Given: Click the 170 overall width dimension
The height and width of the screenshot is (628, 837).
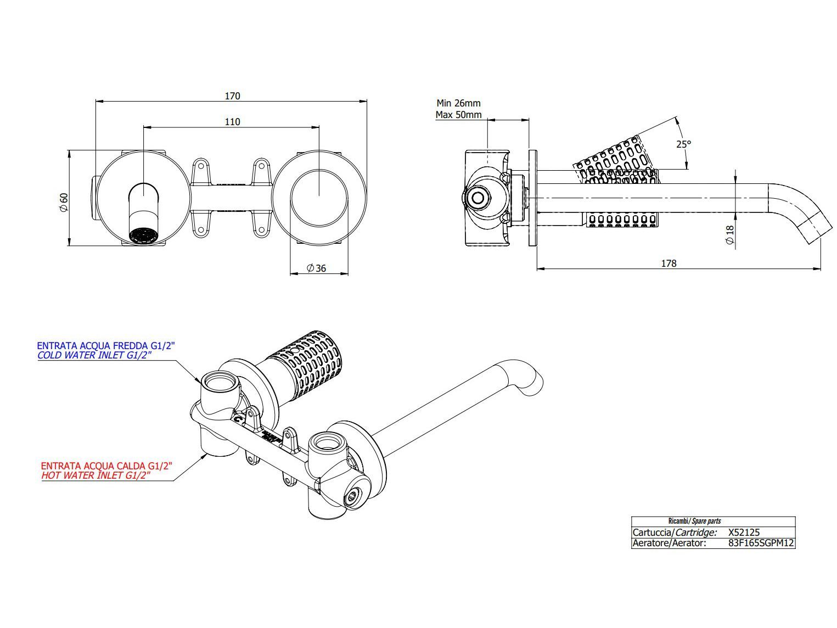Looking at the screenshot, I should pyautogui.click(x=232, y=96).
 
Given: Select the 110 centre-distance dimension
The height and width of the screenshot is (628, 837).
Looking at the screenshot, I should pyautogui.click(x=232, y=122).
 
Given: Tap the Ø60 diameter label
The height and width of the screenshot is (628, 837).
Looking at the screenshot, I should pyautogui.click(x=64, y=202).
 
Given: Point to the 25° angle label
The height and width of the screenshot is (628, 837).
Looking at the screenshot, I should pyautogui.click(x=683, y=144).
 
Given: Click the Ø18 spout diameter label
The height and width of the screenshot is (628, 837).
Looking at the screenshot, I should pyautogui.click(x=729, y=235).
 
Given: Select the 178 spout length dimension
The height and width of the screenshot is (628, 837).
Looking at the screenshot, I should pyautogui.click(x=669, y=263).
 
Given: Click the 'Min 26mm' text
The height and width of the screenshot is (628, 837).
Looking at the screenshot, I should pyautogui.click(x=458, y=103).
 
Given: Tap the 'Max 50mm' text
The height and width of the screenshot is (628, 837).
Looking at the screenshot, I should pyautogui.click(x=458, y=115).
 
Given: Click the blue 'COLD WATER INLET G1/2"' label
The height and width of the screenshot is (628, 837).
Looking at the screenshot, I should pyautogui.click(x=94, y=355).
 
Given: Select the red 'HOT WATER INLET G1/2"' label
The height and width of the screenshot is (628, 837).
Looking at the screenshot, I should pyautogui.click(x=96, y=475).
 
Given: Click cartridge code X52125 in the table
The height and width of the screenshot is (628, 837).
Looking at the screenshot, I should pyautogui.click(x=743, y=532).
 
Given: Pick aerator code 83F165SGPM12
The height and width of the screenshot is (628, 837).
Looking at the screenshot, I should pyautogui.click(x=761, y=543).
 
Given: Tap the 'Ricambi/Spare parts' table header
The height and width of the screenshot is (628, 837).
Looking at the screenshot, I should pyautogui.click(x=694, y=521).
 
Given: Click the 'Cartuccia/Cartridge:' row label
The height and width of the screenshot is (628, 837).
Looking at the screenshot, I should pyautogui.click(x=675, y=532).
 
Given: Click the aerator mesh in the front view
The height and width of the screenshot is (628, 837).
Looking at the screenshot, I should pyautogui.click(x=143, y=236).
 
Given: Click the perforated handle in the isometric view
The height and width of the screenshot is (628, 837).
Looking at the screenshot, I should pyautogui.click(x=313, y=362).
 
